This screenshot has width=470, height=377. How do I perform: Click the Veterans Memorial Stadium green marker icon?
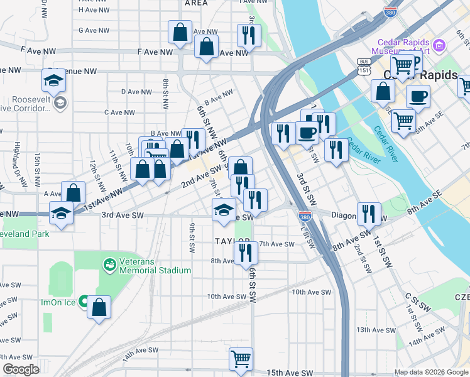click(x=110, y=265)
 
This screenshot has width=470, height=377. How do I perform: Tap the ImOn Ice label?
click(x=60, y=302)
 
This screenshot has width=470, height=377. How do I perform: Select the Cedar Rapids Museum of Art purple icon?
click(x=439, y=45)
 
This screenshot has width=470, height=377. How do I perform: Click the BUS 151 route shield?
click(x=363, y=66)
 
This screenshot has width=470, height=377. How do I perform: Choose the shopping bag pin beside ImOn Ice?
click(x=99, y=307)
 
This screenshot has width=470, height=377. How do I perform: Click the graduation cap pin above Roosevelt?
click(x=55, y=81)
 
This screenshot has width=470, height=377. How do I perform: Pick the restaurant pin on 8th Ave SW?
click(x=245, y=253)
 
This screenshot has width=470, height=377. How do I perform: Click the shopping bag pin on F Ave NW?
click(x=206, y=46)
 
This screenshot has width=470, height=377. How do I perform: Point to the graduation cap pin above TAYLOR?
click(x=223, y=210)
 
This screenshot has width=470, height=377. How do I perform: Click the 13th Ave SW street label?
click(x=374, y=329)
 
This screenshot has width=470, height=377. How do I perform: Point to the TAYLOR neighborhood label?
click(x=233, y=241)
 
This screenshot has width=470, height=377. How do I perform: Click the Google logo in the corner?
click(x=21, y=369)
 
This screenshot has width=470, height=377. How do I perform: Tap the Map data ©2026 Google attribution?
click(x=432, y=372)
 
